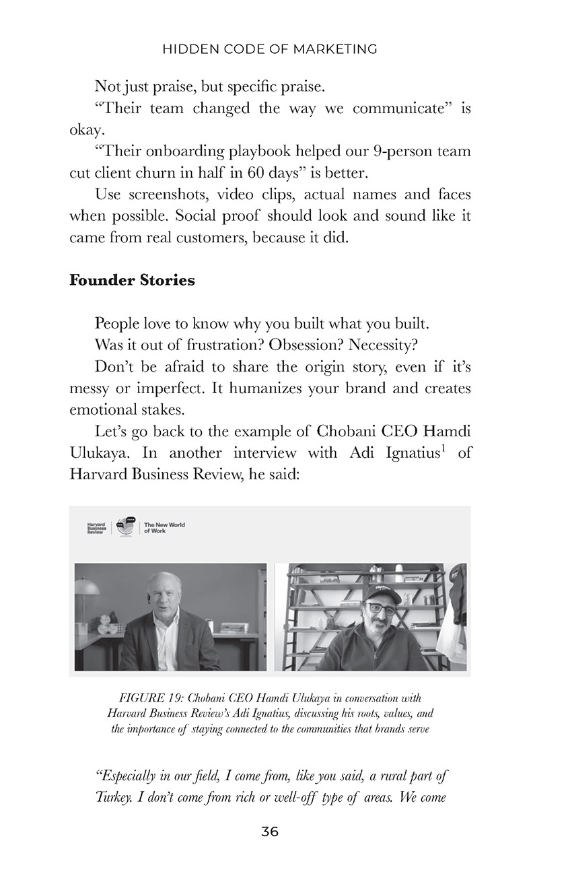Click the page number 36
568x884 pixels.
click(x=269, y=831)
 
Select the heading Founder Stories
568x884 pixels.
click(x=132, y=281)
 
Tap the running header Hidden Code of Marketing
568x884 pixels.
click(x=269, y=49)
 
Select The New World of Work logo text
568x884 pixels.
click(x=164, y=528)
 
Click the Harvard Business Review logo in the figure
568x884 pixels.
click(x=97, y=528)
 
